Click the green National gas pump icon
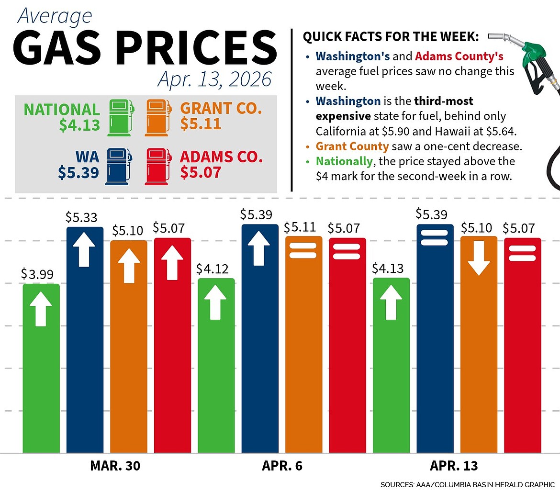(x=121, y=117)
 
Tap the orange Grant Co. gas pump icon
(x=158, y=117)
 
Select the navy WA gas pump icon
(x=118, y=166)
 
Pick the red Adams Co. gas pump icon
(x=158, y=166)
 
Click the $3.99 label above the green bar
(x=37, y=274)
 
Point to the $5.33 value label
(x=81, y=218)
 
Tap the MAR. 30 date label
(x=115, y=466)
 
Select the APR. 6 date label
(x=282, y=466)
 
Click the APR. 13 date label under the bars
(x=454, y=466)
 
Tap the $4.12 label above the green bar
(x=213, y=269)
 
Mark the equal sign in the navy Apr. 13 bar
(x=435, y=237)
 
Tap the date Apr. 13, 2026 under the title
(x=214, y=79)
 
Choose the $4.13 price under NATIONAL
(x=79, y=125)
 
